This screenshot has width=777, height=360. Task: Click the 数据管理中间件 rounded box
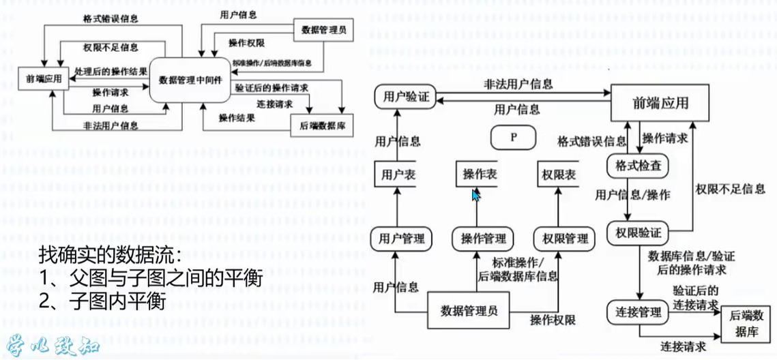pyautogui.click(x=190, y=80)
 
